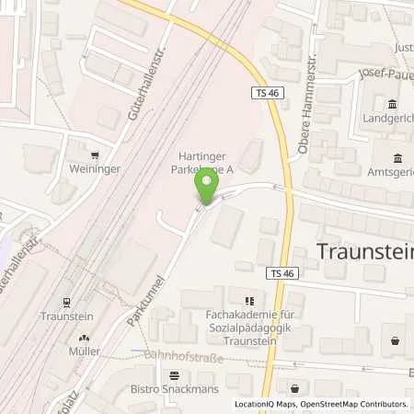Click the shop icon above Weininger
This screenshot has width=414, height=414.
tap(96, 154)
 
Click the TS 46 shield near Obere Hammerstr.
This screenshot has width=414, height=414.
tap(263, 93)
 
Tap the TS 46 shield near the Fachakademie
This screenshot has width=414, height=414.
tap(286, 273)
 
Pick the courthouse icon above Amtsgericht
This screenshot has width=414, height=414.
tap(397, 157)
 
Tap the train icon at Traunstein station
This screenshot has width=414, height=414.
tap(66, 301)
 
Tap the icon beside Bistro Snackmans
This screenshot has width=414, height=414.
tap(175, 374)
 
